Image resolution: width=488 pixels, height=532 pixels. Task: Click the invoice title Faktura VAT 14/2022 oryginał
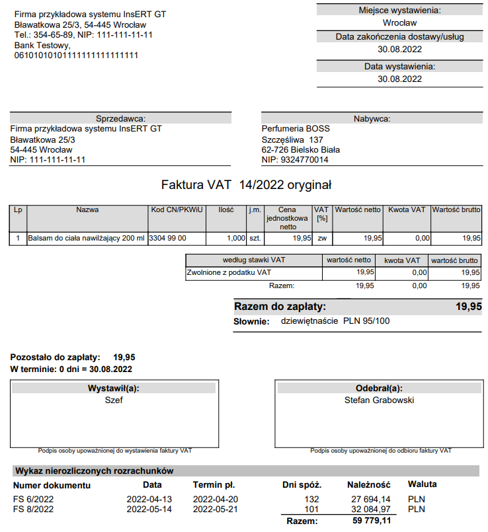246,184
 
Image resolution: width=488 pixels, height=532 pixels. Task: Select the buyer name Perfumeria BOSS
296,129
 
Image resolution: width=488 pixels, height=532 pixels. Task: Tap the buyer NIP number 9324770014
304,160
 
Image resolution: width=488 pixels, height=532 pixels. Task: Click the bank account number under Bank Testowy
76,56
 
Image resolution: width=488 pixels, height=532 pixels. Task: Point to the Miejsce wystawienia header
399,10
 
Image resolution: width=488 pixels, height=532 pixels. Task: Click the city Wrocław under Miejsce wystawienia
399,23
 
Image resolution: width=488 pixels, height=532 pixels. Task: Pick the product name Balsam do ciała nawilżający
86,238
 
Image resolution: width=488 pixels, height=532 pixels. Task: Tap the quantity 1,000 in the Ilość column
235,238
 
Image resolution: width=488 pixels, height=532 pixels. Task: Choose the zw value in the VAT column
321,238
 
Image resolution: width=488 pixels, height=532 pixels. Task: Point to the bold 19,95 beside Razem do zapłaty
468,307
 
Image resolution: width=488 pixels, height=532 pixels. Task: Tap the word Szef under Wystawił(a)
114,400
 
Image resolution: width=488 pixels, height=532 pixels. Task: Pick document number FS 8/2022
33,510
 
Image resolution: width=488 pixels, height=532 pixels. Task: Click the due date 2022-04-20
215,500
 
